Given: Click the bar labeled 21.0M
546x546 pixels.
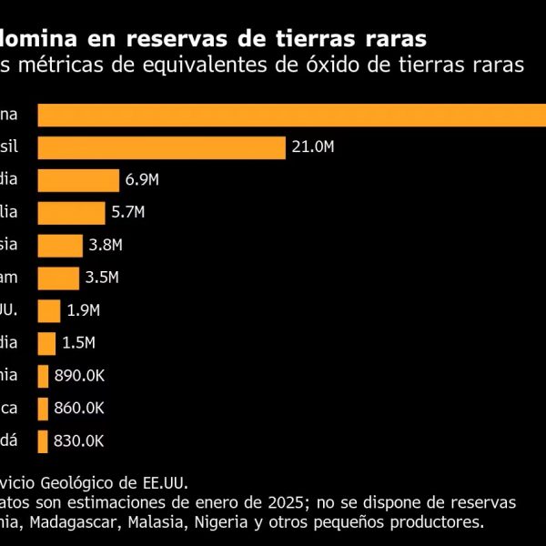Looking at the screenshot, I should click(x=162, y=147).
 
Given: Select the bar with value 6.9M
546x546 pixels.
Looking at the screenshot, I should click(x=78, y=180).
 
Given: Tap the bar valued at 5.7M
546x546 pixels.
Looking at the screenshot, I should click(x=72, y=213).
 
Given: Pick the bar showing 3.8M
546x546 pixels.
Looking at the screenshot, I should click(x=60, y=245).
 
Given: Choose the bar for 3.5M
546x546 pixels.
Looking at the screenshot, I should click(x=58, y=278).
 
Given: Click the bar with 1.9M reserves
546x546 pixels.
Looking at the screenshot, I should click(x=49, y=310).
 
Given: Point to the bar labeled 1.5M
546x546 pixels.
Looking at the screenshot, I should click(x=46, y=343).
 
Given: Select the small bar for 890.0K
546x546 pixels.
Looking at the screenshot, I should click(x=43, y=376).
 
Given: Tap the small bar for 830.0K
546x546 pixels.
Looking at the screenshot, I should click(x=43, y=440).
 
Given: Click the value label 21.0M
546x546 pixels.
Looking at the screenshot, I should click(x=313, y=148).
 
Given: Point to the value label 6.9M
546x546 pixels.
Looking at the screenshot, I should click(x=141, y=181).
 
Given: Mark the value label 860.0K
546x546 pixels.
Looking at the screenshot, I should click(x=79, y=409).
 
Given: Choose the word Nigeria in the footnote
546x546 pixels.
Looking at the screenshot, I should click(x=248, y=522).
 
